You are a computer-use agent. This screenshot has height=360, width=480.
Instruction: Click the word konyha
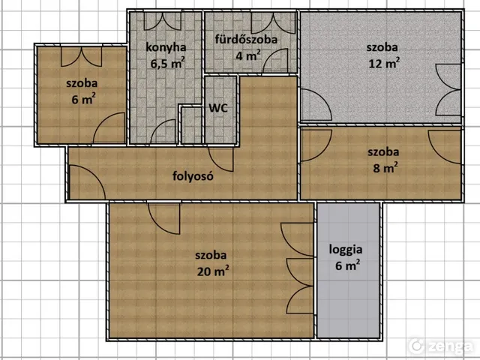click(x=166, y=48)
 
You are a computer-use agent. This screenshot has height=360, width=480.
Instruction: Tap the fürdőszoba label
click(x=246, y=40)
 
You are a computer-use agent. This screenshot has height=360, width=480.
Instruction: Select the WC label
click(x=218, y=108)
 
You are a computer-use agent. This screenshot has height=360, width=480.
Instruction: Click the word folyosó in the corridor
click(x=193, y=176)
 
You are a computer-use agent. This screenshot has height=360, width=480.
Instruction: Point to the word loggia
click(x=346, y=250)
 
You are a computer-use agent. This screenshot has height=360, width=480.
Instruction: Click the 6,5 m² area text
click(x=167, y=64)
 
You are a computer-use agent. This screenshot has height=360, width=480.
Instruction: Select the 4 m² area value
click(x=248, y=55)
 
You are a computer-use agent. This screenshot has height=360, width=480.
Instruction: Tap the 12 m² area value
click(x=384, y=63)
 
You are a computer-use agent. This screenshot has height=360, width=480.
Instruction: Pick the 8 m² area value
click(x=385, y=167)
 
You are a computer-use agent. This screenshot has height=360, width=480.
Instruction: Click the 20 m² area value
click(x=213, y=271)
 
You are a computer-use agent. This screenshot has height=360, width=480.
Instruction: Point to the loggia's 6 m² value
click(x=347, y=265)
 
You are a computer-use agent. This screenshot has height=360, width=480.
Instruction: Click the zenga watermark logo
click(x=440, y=346)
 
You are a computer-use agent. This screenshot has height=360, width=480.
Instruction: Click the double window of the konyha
click(x=162, y=21)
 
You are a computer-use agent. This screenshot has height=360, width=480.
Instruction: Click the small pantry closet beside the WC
click(x=191, y=125)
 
